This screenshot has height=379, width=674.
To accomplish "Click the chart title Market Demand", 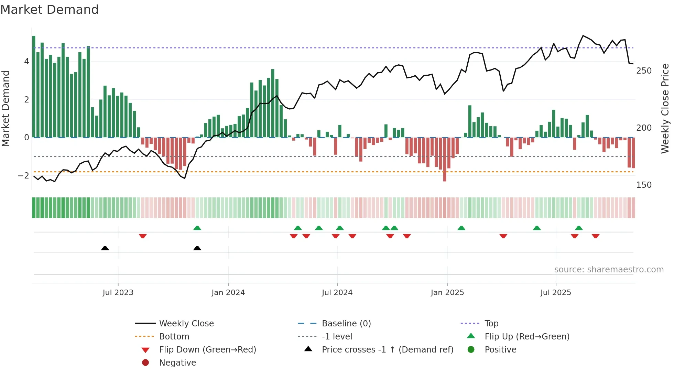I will pyautogui.click(x=50, y=10).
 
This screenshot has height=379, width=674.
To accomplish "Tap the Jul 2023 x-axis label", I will pyautogui.click(x=118, y=293).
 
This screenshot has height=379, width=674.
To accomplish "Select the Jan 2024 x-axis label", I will pyautogui.click(x=228, y=293).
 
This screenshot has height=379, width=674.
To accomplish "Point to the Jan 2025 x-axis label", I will pyautogui.click(x=447, y=293).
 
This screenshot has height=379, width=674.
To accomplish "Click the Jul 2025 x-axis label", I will pyautogui.click(x=555, y=293).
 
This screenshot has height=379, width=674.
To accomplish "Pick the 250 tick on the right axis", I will pyautogui.click(x=644, y=71).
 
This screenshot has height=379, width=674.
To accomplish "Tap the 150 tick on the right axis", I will pyautogui.click(x=644, y=185).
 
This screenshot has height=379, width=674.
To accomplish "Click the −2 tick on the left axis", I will pyautogui.click(x=23, y=176).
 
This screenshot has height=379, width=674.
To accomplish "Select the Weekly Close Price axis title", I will pyautogui.click(x=665, y=108).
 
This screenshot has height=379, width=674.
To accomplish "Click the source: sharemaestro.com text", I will pyautogui.click(x=609, y=270).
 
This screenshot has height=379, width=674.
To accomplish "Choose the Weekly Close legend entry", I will pyautogui.click(x=186, y=324).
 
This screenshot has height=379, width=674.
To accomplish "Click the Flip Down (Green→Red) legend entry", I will pyautogui.click(x=207, y=350).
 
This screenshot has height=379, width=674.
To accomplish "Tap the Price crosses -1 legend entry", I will pyautogui.click(x=387, y=350).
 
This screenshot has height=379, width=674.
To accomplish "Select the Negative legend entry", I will pyautogui.click(x=177, y=363).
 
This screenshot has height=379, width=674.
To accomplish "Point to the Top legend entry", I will pyautogui.click(x=491, y=324).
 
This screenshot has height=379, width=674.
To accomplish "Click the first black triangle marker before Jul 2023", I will pyautogui.click(x=105, y=248).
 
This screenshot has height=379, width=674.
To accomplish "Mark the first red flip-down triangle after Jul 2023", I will pyautogui.click(x=143, y=236).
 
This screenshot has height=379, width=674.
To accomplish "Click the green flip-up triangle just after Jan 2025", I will pyautogui.click(x=461, y=228).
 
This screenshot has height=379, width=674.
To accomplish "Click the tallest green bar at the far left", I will pyautogui.click(x=34, y=86).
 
